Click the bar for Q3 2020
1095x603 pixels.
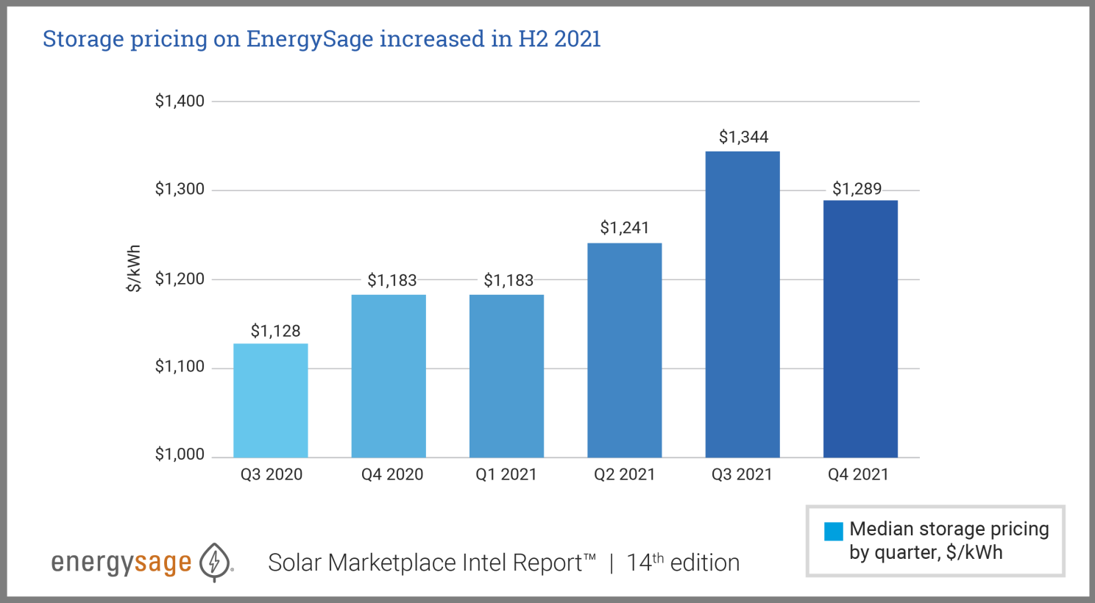(271, 400)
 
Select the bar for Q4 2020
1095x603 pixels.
(389, 376)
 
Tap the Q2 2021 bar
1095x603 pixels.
(624, 350)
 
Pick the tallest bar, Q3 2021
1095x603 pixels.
(742, 304)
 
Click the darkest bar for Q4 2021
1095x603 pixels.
(860, 329)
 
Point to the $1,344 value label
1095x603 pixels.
(743, 137)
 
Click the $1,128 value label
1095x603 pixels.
(275, 331)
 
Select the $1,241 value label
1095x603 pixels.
(624, 228)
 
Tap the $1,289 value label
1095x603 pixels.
(857, 189)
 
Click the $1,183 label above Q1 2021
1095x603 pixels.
(508, 280)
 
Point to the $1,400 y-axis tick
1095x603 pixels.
(180, 101)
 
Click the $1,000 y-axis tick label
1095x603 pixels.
(180, 454)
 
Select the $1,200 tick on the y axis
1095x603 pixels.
(180, 279)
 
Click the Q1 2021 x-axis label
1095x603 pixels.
(506, 475)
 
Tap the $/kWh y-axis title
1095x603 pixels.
(133, 268)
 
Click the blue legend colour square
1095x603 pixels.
(833, 531)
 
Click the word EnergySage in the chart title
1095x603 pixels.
(309, 39)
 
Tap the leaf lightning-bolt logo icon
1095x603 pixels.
(215, 563)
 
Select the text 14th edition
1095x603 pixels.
(683, 563)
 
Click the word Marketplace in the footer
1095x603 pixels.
(392, 563)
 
